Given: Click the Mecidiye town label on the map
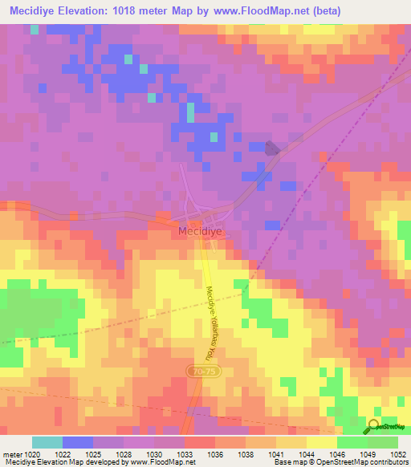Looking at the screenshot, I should pyautogui.click(x=198, y=229).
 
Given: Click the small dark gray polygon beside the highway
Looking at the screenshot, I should pyautogui.click(x=273, y=148).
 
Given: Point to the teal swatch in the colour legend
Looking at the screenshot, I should pyautogui.click(x=47, y=442).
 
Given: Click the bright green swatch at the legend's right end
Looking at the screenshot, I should pyautogui.click(x=383, y=442).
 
